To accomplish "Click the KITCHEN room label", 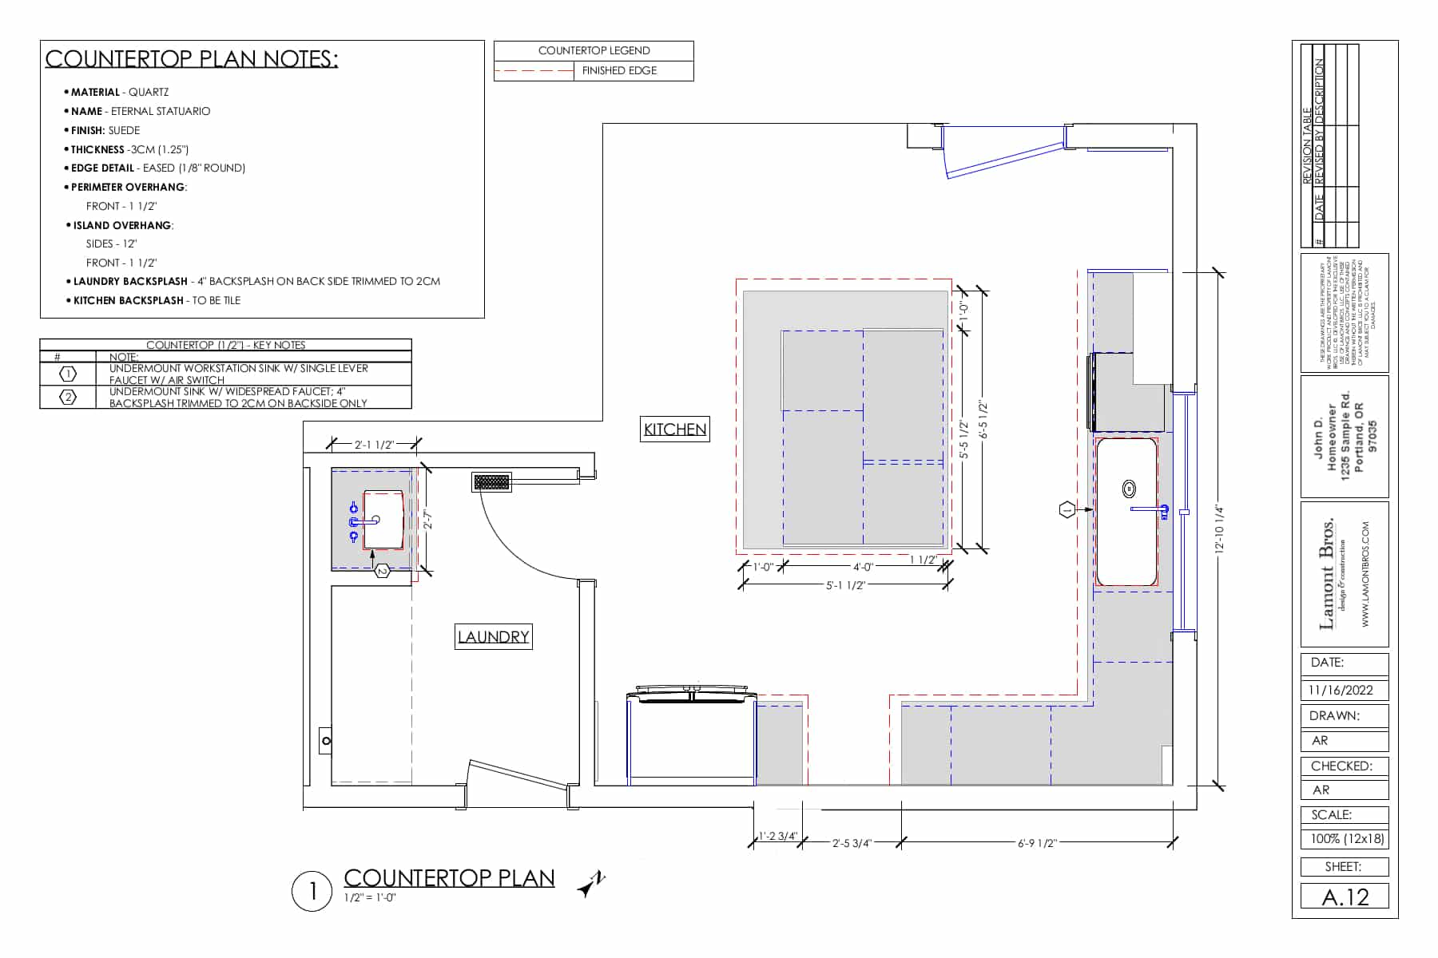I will pyautogui.click(x=675, y=430).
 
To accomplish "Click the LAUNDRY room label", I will pyautogui.click(x=494, y=637).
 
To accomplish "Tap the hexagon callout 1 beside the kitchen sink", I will pyautogui.click(x=1067, y=509).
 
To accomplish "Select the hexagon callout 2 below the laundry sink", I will pyautogui.click(x=382, y=571).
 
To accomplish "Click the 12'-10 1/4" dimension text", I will pyautogui.click(x=1218, y=528).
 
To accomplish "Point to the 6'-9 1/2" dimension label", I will pyautogui.click(x=1037, y=843).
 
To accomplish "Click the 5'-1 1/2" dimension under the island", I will pyautogui.click(x=845, y=585).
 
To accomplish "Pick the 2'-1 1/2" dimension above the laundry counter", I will pyautogui.click(x=374, y=444).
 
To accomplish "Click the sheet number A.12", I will pyautogui.click(x=1345, y=897).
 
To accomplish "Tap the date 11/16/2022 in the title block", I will pyautogui.click(x=1340, y=691).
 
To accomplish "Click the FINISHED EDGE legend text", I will pyautogui.click(x=619, y=71).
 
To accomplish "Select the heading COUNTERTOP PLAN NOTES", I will pyautogui.click(x=192, y=59).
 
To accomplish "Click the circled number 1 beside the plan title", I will pyautogui.click(x=312, y=891).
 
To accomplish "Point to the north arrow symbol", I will pyautogui.click(x=591, y=885).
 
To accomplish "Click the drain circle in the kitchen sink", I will pyautogui.click(x=1129, y=488).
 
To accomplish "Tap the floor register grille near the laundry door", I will pyautogui.click(x=491, y=482).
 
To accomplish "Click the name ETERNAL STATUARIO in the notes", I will pyautogui.click(x=160, y=112).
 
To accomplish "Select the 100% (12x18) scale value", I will pyautogui.click(x=1345, y=839).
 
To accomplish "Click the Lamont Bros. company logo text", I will pyautogui.click(x=1329, y=573).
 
